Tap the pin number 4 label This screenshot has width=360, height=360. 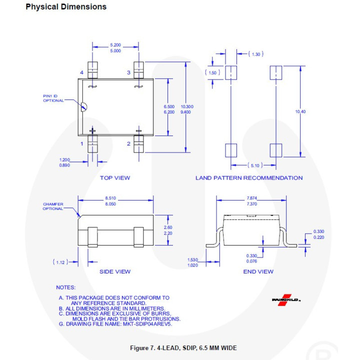81,73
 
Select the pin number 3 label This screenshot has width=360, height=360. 128,73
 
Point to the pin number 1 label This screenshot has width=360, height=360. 81,144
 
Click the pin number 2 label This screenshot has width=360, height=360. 128,144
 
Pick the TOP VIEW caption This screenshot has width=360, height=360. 115,178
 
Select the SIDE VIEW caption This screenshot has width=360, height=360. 115,271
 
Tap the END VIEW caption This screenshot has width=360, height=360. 258,271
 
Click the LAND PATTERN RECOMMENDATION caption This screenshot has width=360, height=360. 248,178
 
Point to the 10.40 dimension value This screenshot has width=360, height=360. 300,111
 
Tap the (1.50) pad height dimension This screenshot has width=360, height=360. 212,73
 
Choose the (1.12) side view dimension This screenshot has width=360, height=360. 60,261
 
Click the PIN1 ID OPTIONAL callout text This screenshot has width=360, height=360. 53,98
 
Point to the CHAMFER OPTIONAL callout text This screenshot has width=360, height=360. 53,206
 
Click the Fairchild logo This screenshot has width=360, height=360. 286,299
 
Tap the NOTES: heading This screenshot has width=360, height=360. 65,287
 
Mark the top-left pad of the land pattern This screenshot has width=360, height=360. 230,72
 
